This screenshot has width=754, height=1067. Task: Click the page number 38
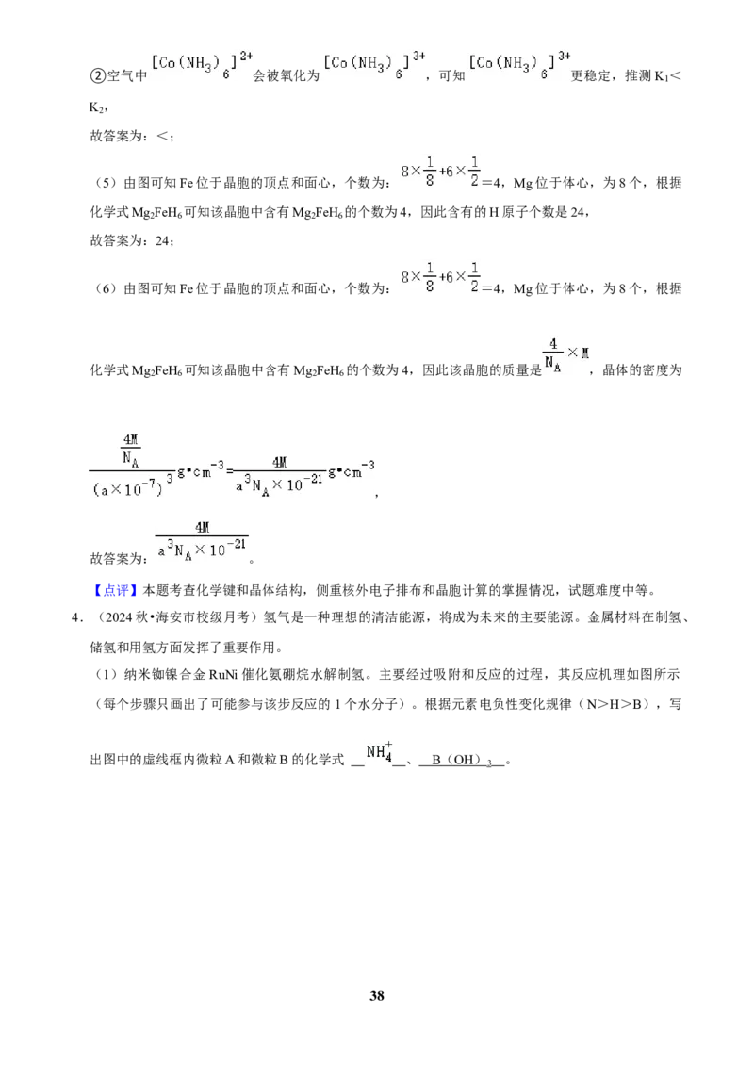pyautogui.click(x=377, y=995)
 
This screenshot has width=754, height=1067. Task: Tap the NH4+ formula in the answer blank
pyautogui.click(x=379, y=752)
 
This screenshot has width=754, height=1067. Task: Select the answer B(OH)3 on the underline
pyautogui.click(x=462, y=760)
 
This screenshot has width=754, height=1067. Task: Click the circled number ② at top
pyautogui.click(x=97, y=75)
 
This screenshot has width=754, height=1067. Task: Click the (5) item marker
pyautogui.click(x=106, y=183)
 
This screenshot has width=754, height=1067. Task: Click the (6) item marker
pyautogui.click(x=106, y=289)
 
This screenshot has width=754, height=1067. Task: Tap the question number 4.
pyautogui.click(x=77, y=618)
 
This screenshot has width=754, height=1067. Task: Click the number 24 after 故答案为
pyautogui.click(x=163, y=240)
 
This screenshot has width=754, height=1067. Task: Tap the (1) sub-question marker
pyautogui.click(x=106, y=674)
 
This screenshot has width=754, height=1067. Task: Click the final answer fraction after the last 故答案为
pyautogui.click(x=202, y=541)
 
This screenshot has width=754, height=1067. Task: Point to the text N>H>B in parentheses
pyautogui.click(x=615, y=704)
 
